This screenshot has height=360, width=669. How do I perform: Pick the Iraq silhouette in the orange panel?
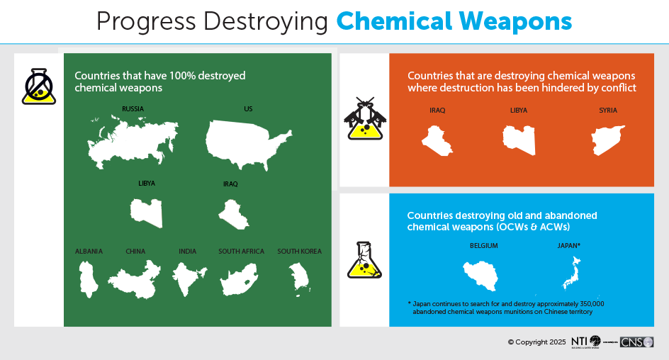437,140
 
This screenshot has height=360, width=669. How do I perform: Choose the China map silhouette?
135,280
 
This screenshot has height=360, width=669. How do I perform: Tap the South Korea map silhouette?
299,279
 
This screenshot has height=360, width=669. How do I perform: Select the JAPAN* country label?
569,246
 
